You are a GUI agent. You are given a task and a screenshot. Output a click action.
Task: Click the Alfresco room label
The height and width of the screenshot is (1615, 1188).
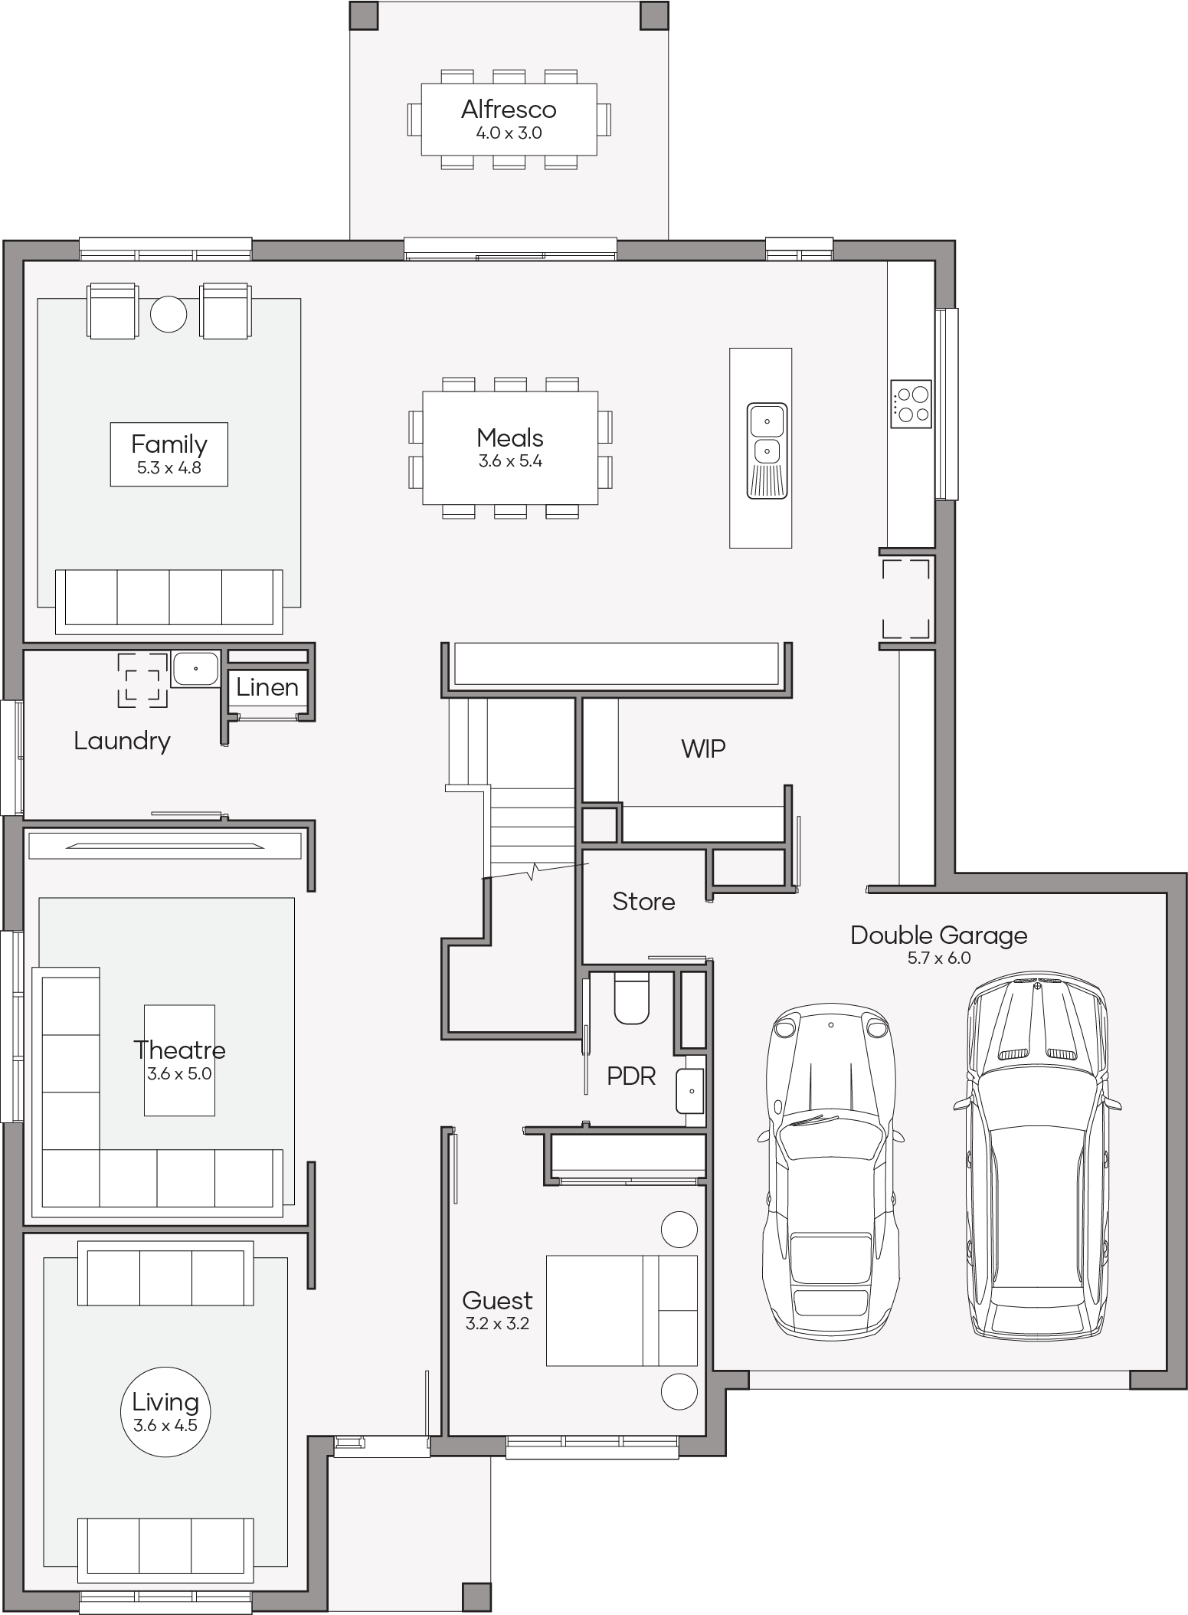click(x=509, y=110)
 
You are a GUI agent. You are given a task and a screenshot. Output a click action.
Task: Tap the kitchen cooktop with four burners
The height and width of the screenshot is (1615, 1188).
click(x=911, y=404)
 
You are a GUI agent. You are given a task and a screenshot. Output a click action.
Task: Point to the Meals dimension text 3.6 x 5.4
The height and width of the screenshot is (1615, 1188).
click(x=510, y=461)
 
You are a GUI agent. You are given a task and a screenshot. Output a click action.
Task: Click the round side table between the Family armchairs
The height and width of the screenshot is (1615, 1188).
click(x=169, y=314)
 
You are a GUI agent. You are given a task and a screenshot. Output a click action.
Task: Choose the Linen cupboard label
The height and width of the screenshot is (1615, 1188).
click(x=267, y=687)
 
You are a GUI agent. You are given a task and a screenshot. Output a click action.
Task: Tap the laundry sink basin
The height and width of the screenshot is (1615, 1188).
click(x=195, y=669)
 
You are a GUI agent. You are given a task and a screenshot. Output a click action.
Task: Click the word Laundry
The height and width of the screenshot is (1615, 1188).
click(x=123, y=741)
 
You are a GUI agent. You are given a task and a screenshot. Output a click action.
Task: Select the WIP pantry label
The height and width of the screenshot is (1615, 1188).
click(x=703, y=749)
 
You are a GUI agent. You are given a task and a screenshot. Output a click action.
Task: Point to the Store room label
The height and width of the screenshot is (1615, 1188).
click(x=643, y=902)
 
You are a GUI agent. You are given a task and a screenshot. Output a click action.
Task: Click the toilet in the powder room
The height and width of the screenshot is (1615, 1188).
click(x=632, y=998)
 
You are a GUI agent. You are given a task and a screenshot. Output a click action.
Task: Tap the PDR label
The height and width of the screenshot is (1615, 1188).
click(x=631, y=1076)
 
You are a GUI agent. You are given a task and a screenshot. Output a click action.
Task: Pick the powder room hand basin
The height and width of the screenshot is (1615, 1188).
click(x=690, y=1091)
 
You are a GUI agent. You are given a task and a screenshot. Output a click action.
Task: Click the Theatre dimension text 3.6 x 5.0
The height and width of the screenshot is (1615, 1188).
click(x=179, y=1073)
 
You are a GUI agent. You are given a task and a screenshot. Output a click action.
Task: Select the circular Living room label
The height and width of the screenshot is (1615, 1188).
click(x=165, y=1410)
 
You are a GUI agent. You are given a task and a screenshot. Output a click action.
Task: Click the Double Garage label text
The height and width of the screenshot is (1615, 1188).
click(x=939, y=935)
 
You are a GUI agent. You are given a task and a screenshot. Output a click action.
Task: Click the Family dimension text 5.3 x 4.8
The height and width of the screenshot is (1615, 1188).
click(x=169, y=468)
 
